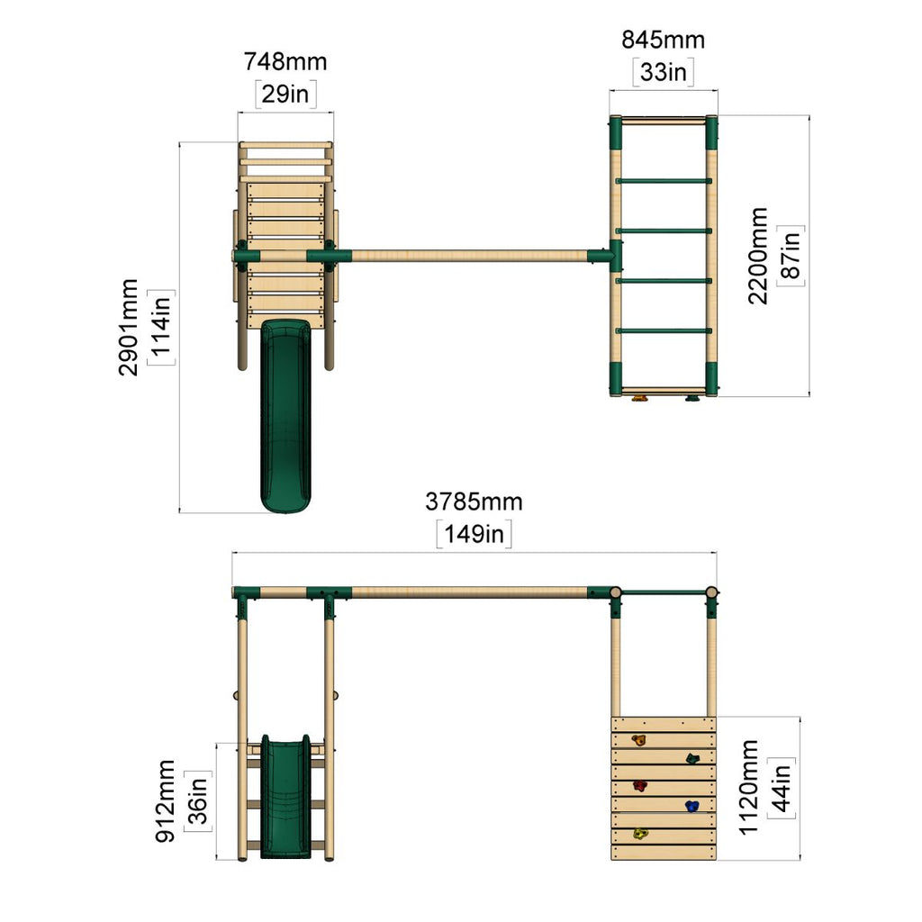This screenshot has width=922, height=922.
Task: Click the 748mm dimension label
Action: pos(285,62)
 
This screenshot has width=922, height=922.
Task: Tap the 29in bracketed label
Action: pos(285,94)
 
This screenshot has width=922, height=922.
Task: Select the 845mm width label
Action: pos(664,40)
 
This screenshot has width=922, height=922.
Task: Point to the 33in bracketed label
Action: pos(664,72)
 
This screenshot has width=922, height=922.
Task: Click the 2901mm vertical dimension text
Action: pos(128,327)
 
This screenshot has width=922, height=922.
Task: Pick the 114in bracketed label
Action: pos(161,327)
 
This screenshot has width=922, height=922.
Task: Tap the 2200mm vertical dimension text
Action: pos(758,256)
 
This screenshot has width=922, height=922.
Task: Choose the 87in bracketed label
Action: pos(791,256)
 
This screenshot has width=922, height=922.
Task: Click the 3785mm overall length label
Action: pos(474,502)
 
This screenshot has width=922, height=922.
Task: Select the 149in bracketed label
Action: pos(474,535)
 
